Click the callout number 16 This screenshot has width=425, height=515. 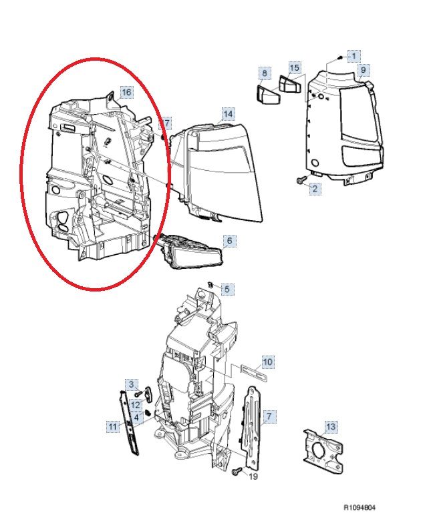127,92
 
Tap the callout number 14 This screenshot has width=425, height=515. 228,114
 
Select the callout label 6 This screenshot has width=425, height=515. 229,241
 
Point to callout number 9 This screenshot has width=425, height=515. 363,69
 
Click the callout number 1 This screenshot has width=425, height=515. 353,56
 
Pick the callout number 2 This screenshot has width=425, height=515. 315,189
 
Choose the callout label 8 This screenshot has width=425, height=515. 265,73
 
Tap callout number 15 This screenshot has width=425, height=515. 295,67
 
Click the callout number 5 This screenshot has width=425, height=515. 227,290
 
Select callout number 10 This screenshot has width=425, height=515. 268,362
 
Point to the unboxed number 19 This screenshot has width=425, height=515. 253,476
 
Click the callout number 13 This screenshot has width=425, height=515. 331,427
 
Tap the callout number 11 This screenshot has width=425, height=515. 113,427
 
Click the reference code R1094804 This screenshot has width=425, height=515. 360,508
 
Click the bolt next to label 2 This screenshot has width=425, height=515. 301,180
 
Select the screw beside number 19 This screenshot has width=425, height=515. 236,472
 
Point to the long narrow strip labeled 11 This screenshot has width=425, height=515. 128,423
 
